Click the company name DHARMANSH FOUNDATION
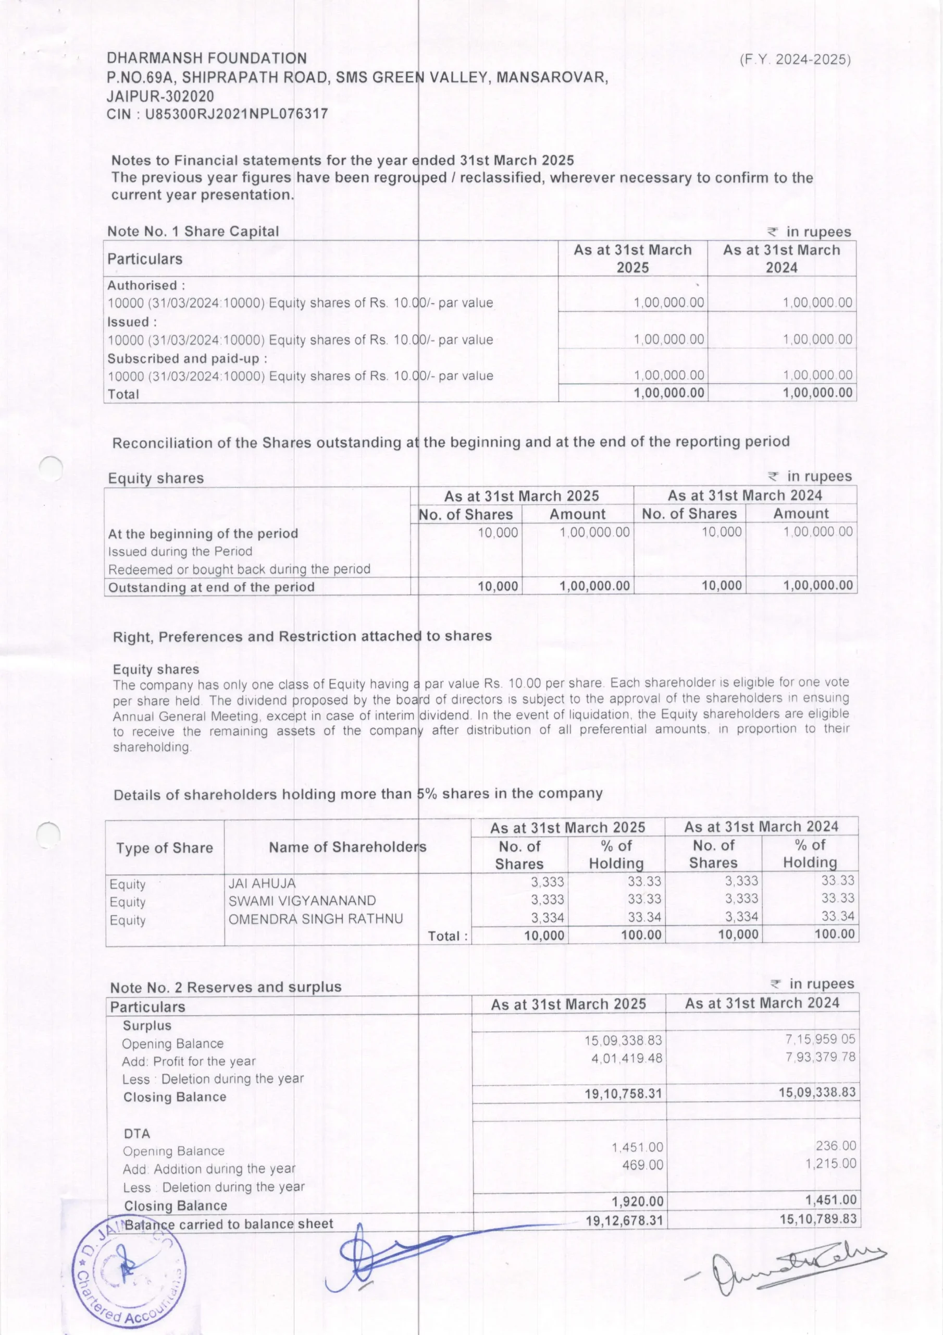click(206, 58)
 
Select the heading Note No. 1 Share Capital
click(193, 232)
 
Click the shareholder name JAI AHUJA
click(262, 883)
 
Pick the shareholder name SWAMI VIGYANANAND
click(302, 901)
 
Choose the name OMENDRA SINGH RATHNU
click(316, 919)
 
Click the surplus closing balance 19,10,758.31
click(624, 1094)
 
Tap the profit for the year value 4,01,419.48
click(627, 1058)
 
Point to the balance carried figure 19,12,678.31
click(624, 1220)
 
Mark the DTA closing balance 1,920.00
click(637, 1201)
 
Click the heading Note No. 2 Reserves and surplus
click(226, 987)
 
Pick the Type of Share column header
click(165, 848)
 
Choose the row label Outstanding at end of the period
click(211, 587)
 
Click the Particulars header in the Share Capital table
click(145, 259)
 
